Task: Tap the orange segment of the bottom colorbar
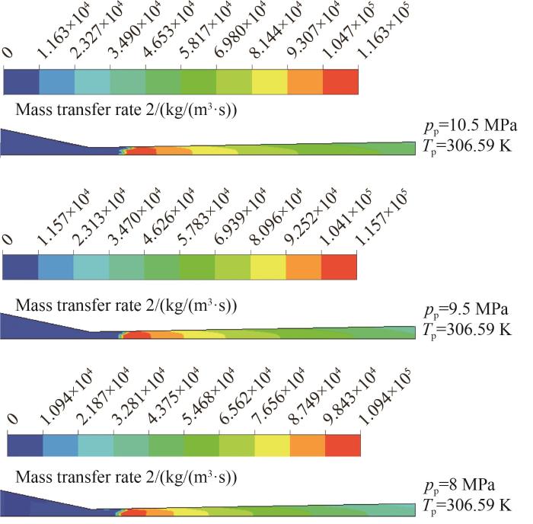point(308,447)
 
